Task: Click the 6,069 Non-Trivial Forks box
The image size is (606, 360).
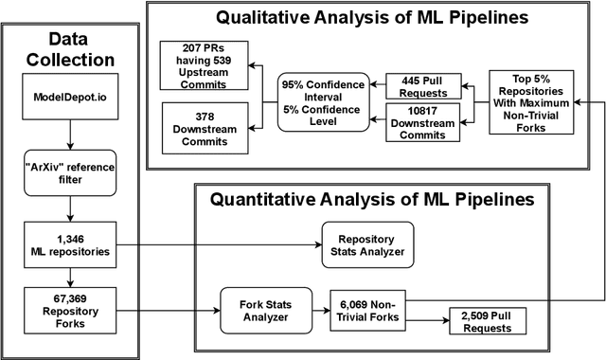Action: click(x=368, y=310)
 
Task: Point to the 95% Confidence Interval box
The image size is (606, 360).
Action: click(x=321, y=101)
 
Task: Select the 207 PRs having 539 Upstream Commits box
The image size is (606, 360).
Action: click(x=203, y=66)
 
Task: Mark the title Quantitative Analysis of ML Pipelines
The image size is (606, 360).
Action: click(x=371, y=200)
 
